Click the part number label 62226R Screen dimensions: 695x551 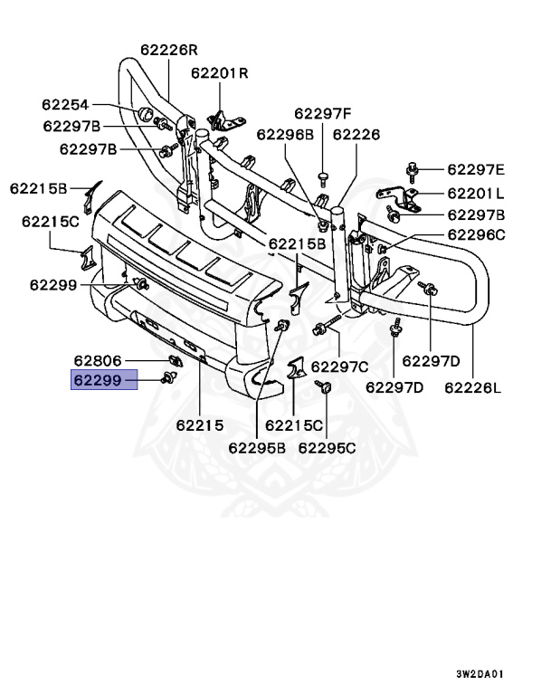coord(168,50)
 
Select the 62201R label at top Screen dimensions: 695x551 coord(219,73)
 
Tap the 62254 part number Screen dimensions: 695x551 coord(65,106)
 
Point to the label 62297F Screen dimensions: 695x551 coord(322,113)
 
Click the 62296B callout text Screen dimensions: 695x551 coord(284,134)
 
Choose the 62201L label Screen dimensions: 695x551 coord(475,193)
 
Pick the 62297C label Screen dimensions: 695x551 coord(339,367)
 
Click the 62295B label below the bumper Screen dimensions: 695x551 coord(256,446)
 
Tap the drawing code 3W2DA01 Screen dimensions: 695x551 coord(480,674)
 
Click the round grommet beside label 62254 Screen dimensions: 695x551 coord(143,113)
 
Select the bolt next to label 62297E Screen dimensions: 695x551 coord(413,168)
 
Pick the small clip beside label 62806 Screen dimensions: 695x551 coord(176,363)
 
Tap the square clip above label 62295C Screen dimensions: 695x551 coord(323,388)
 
